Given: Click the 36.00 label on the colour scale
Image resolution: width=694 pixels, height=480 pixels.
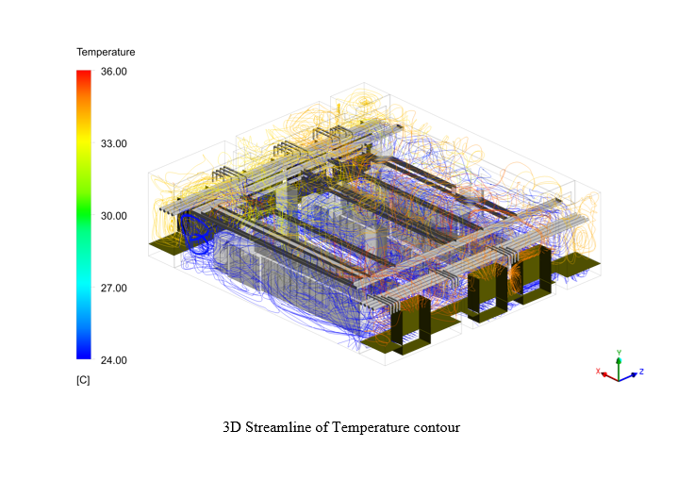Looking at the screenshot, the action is tap(114, 72).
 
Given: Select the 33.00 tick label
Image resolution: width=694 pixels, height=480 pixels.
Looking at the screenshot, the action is tap(114, 143).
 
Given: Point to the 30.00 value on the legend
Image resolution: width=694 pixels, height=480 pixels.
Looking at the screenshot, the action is tap(114, 216).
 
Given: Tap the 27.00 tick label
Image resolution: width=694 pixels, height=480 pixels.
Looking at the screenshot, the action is tap(114, 288).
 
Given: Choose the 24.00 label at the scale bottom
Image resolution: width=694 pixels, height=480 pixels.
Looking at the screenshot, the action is tap(114, 360).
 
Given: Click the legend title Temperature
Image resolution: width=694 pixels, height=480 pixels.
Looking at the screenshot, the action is tap(106, 52).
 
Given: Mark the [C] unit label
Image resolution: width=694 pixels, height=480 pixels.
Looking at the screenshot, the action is tap(83, 380).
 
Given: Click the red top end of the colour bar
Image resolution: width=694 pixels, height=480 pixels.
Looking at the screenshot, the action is tap(84, 72).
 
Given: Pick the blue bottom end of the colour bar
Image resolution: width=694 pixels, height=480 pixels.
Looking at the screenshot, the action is tap(84, 356).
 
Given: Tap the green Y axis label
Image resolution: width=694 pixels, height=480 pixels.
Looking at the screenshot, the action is tap(619, 353).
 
